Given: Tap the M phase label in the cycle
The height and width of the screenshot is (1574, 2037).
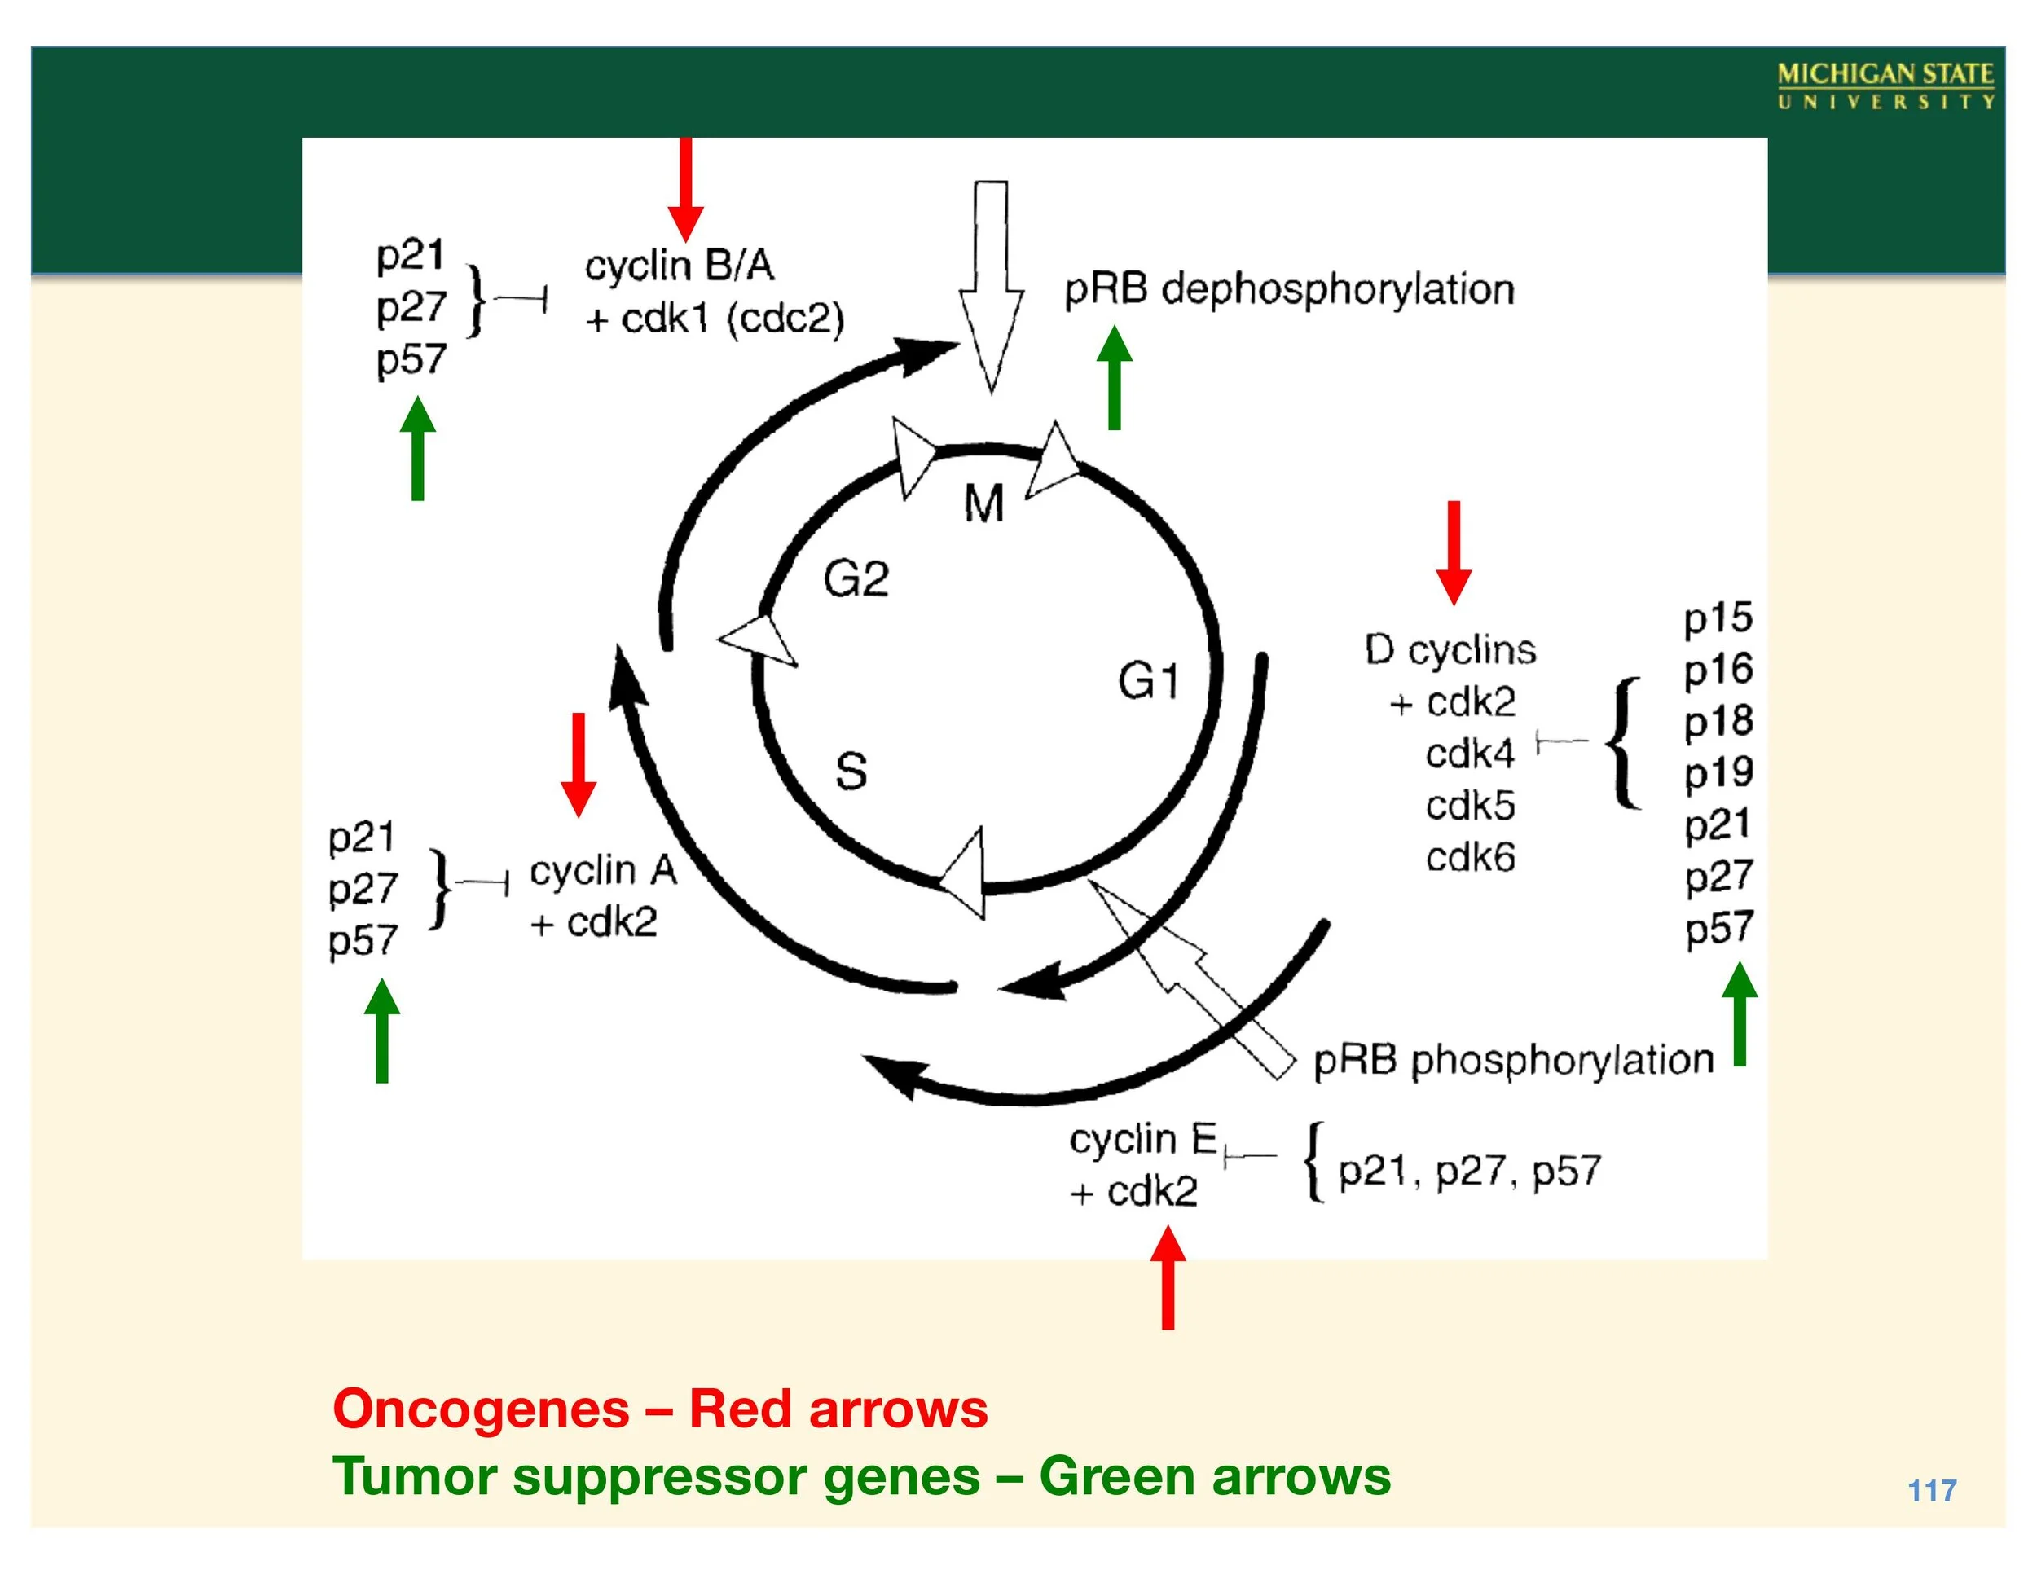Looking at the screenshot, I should point(983,504).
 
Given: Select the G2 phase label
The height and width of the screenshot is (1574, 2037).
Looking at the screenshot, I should point(856,579).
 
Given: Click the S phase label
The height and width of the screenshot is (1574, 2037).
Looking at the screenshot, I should point(851,772).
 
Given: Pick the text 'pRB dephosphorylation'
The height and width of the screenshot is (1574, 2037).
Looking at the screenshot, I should point(1289,289).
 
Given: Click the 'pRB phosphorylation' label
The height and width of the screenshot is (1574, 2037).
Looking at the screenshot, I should point(1513,1061).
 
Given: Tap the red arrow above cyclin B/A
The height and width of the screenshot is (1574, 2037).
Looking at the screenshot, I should point(685,191).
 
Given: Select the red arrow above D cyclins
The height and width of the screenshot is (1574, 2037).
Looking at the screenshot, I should point(1453,552).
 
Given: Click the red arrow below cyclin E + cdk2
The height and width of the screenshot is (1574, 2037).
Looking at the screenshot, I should point(1168,1277).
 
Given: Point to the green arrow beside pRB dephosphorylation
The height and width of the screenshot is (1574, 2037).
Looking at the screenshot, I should point(1114,378).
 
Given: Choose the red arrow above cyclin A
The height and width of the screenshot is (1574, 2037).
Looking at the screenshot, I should point(579,765).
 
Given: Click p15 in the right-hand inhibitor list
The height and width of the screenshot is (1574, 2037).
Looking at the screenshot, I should point(1718,618).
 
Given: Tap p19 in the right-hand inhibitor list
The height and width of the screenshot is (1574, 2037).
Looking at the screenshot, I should point(1718,773).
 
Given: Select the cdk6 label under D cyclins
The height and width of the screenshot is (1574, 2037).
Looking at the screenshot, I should point(1470,857).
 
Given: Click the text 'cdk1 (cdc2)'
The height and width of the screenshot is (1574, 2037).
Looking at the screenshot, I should point(733,319).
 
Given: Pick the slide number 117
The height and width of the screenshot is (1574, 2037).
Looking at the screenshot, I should point(1932,1491).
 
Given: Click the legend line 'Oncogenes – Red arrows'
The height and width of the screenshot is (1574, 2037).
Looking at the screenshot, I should point(659,1409).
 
